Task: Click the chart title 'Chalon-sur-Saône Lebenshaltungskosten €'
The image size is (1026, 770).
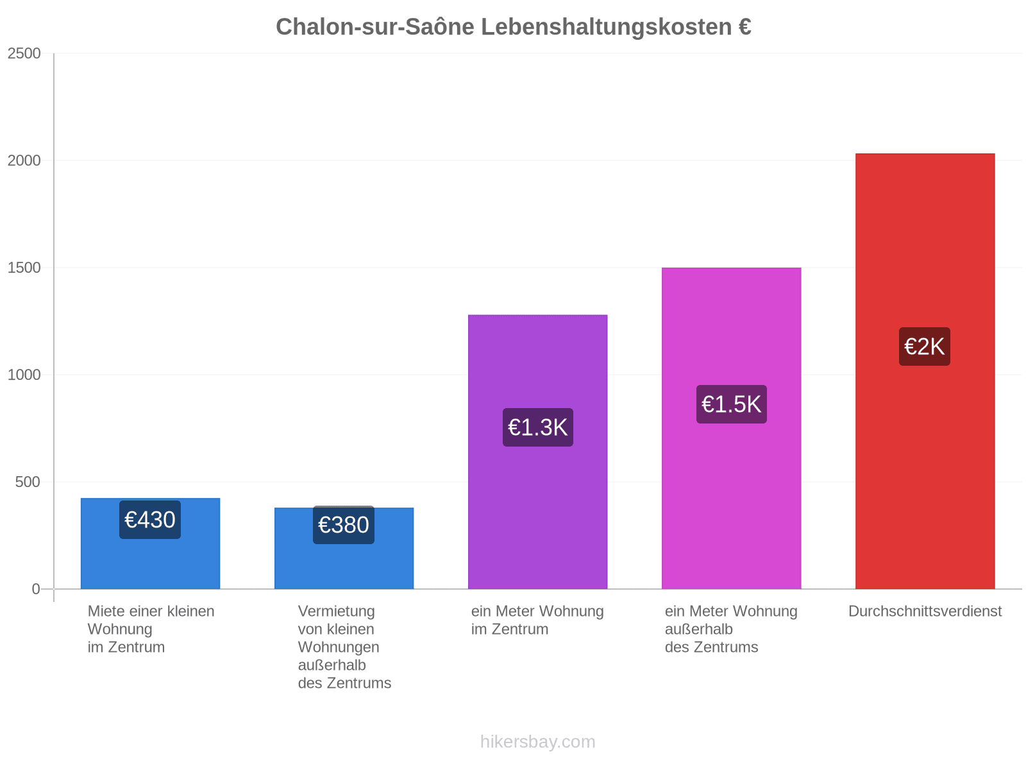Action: click(513, 27)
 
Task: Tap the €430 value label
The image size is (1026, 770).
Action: click(149, 519)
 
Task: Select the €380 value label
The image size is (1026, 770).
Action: click(344, 524)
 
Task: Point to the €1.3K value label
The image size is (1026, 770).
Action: click(537, 427)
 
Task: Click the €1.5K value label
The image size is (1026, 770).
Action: click(731, 404)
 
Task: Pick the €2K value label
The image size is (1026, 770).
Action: click(924, 346)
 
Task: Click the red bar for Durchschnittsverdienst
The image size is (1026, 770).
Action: click(925, 372)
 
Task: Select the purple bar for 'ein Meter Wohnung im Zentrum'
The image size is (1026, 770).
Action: click(537, 452)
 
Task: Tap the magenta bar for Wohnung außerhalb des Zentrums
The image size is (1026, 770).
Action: click(731, 428)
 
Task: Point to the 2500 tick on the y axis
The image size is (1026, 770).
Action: click(24, 53)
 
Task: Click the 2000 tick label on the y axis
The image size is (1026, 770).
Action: click(24, 160)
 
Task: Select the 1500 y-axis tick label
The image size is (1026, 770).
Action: click(24, 268)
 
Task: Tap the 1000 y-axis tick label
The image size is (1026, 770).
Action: click(24, 375)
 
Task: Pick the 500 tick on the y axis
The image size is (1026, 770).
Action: click(28, 481)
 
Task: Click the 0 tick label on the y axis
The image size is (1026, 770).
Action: click(36, 588)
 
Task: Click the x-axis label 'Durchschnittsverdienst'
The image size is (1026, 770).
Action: click(925, 611)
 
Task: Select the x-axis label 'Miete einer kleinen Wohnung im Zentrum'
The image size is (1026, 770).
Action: click(151, 629)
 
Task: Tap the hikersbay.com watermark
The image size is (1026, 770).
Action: click(537, 742)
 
